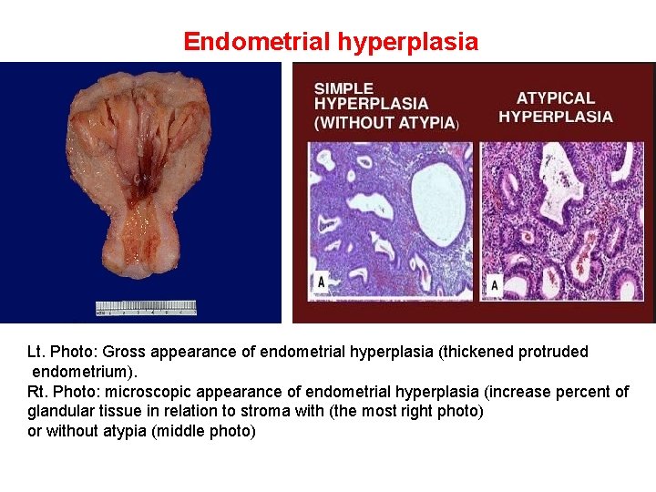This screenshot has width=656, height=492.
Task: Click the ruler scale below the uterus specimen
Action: [146, 308]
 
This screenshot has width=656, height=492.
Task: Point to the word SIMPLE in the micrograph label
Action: [343, 89]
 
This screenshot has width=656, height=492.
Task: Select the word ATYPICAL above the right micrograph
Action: [555, 98]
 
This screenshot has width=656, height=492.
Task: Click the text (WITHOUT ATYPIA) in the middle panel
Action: [386, 123]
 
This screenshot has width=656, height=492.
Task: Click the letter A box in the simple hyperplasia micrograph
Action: [320, 282]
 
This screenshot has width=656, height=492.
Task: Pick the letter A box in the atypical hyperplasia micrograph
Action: [494, 284]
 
